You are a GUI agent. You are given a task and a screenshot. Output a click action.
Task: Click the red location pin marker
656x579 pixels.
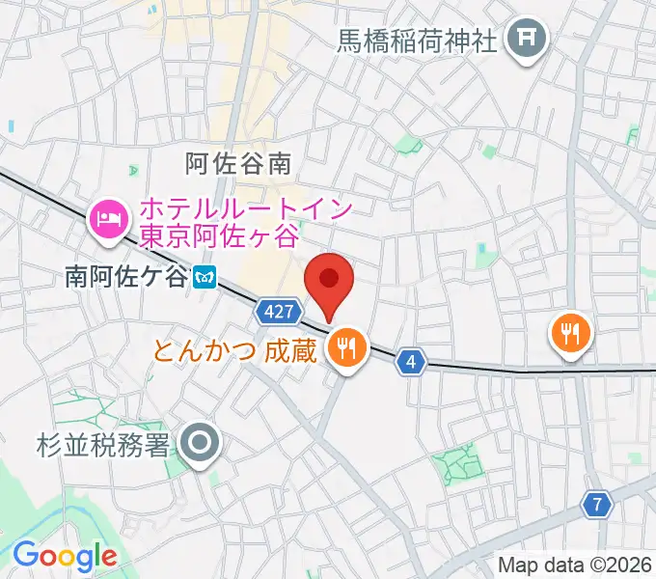pos(329,281)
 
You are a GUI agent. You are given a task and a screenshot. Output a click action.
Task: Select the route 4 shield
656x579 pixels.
pos(412,361)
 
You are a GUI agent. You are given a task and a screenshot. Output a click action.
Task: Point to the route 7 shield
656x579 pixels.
pos(598,503)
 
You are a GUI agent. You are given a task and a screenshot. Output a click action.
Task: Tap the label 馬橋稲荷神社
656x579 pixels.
pos(416,41)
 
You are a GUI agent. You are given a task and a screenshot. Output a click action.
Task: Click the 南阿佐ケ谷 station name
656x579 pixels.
pos(124,277)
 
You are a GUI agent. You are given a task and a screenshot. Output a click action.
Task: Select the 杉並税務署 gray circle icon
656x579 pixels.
pos(201,444)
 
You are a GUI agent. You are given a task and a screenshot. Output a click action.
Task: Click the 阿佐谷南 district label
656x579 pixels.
pos(238,163)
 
